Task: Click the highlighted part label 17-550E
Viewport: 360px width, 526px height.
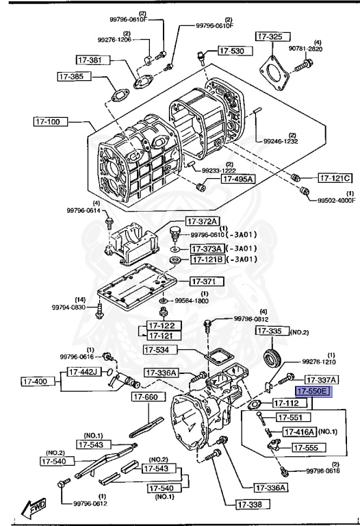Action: tap(312, 392)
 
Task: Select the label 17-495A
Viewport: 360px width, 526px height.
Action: tap(237, 179)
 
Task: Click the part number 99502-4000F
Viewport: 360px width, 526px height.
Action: tap(336, 201)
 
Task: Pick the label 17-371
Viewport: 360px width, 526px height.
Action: tap(204, 281)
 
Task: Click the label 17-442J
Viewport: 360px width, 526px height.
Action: tap(84, 372)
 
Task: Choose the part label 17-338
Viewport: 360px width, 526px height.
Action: tap(253, 505)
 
